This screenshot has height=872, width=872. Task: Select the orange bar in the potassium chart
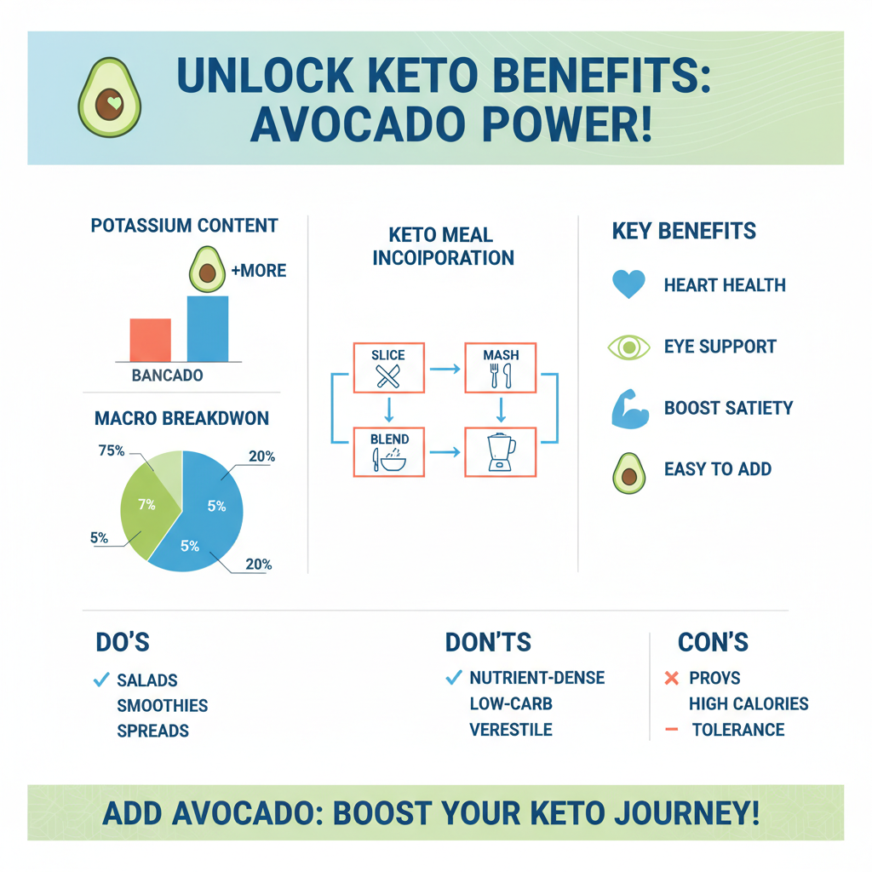coord(151,340)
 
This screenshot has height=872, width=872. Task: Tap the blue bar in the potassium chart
coord(207,329)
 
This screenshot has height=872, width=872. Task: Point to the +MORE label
coord(259,272)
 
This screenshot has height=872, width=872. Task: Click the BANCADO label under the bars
coord(168,376)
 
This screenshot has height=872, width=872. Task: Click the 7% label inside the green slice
coord(147,504)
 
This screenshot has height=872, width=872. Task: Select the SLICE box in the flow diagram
coord(388,369)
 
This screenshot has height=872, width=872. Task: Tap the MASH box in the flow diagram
coord(501,369)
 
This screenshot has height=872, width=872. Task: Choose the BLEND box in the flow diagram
coord(388,451)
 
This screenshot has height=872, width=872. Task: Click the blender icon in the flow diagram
coord(501,452)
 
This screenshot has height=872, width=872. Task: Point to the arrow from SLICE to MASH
coord(445,369)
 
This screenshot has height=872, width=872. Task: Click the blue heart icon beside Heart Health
coord(628,285)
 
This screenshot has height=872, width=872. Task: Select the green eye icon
coord(628,347)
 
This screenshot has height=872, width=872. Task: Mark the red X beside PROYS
coord(670,679)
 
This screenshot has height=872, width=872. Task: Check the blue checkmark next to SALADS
coord(100,680)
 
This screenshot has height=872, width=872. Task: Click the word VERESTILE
coord(511,730)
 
